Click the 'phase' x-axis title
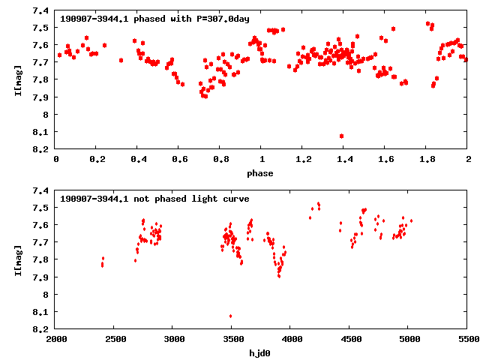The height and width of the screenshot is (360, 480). (262, 173)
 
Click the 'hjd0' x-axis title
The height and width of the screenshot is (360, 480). (262, 353)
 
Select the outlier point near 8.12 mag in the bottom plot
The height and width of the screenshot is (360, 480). (230, 316)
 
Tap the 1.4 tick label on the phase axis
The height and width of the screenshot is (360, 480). (344, 160)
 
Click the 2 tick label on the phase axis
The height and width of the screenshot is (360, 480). (467, 160)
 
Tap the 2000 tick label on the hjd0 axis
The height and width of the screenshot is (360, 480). (56, 340)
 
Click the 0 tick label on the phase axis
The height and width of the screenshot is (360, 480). (56, 160)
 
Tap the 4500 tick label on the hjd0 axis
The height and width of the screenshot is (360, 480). (349, 340)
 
